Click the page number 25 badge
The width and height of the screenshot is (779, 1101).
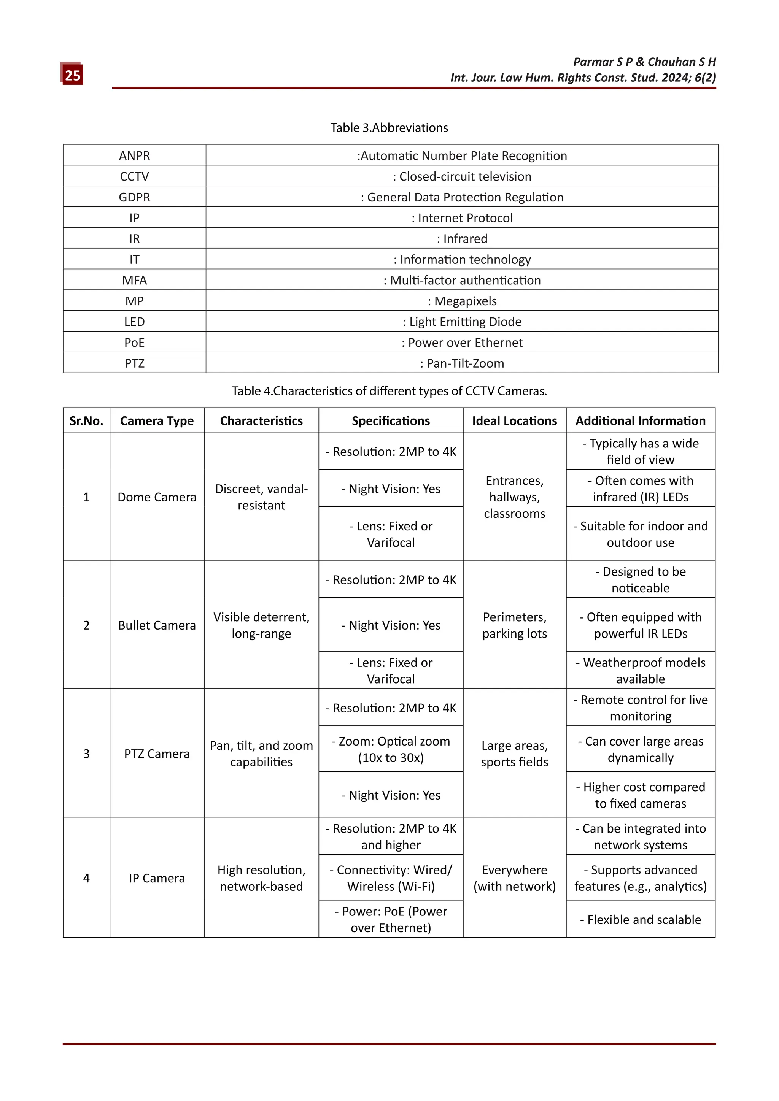point(72,75)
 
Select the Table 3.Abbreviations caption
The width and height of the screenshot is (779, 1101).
point(389,128)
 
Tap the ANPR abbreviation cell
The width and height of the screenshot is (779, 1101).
point(134,155)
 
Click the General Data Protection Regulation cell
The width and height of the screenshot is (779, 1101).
point(462,197)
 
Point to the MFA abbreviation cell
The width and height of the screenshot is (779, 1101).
point(134,280)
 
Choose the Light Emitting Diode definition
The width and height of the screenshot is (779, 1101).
point(462,322)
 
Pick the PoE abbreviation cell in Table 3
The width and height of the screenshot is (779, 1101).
point(134,343)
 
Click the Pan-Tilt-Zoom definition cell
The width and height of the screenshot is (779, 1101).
point(462,363)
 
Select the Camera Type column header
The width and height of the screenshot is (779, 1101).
point(157,420)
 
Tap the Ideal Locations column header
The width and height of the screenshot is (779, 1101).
point(514,420)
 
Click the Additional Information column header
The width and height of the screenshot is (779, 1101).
point(641,420)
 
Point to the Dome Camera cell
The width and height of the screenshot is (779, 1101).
point(157,497)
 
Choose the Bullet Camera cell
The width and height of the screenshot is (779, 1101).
point(157,625)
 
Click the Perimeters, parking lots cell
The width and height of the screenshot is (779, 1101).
point(514,625)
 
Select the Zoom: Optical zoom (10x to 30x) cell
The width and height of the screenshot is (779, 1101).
point(391,749)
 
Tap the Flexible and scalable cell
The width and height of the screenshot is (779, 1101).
point(641,919)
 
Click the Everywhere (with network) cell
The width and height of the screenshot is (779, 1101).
point(514,878)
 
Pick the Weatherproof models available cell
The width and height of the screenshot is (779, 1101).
point(641,670)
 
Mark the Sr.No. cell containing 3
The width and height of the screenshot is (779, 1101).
point(86,754)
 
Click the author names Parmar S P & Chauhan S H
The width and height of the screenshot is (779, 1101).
point(644,62)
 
